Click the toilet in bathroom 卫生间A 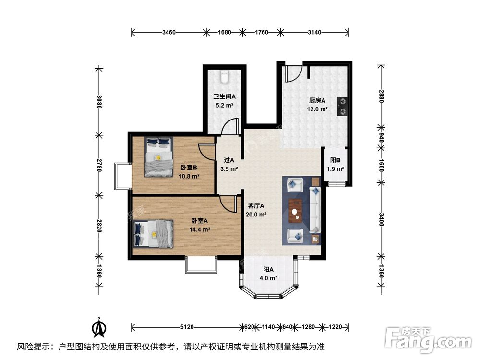coord(224,75)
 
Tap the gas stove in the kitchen coord(343,107)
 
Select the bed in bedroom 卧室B coord(158,156)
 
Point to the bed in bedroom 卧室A coord(153,234)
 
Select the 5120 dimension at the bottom coord(187,327)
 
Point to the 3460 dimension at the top coord(168,33)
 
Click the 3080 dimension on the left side coord(99,101)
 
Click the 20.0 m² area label coord(257,215)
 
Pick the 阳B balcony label coord(336,161)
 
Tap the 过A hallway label coord(229,161)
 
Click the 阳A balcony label coord(268,270)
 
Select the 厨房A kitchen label coord(317,101)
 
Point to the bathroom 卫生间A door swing coord(230,127)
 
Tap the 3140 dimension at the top coord(314,33)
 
